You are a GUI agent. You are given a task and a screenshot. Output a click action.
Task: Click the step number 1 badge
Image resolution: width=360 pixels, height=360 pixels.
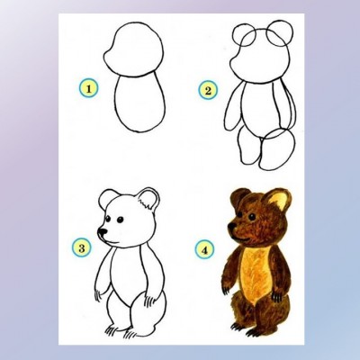coord(88,89)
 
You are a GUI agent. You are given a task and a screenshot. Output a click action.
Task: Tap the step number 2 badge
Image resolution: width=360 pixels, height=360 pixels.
coord(208,90)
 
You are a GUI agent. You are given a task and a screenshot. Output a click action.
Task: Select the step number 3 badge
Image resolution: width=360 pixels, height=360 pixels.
coord(81,247)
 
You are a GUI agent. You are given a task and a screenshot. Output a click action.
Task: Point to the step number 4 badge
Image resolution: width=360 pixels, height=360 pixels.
coord(204,250)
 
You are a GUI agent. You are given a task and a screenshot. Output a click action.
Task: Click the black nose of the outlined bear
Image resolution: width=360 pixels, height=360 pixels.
coord(103,231)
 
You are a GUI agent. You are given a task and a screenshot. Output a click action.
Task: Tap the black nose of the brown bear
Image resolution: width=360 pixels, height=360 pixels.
coord(231,227)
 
